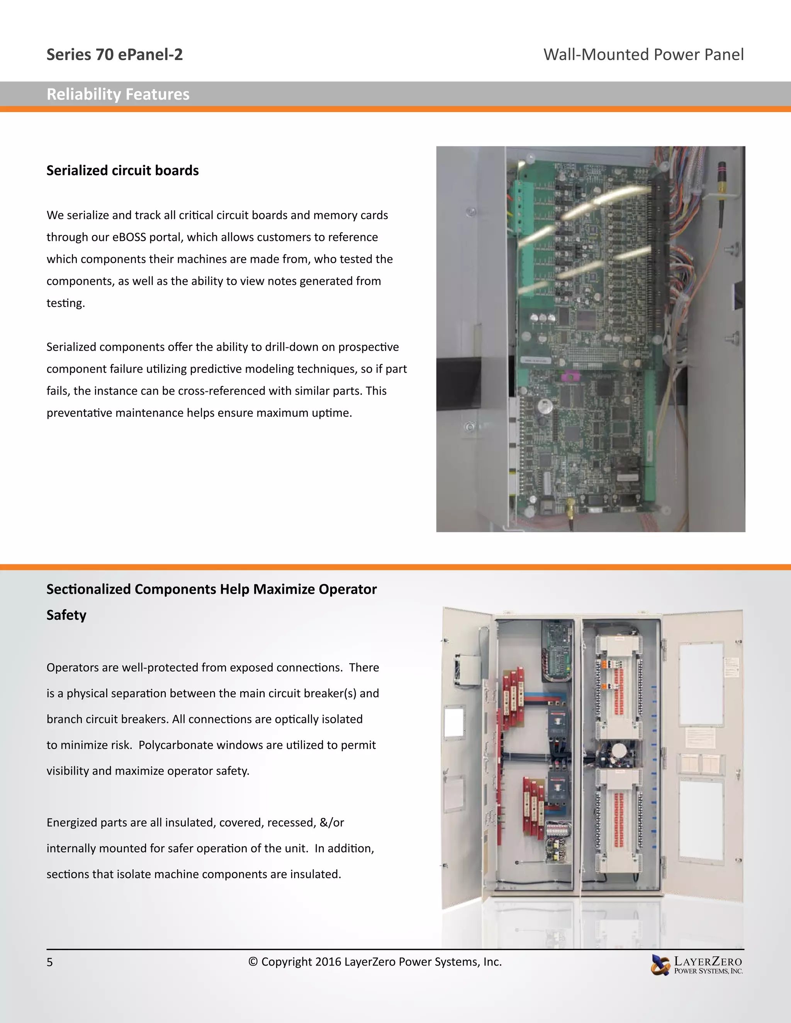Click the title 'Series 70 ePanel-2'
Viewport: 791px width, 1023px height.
(114, 55)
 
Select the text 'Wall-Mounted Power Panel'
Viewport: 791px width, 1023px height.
(643, 55)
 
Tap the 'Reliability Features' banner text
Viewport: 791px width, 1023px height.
(118, 94)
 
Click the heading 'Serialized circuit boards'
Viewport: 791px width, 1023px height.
(122, 171)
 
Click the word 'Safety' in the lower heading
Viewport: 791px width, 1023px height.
(66, 615)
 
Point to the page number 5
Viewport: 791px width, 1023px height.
(50, 962)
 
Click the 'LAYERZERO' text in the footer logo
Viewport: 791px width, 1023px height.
(708, 961)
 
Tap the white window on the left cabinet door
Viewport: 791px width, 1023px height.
(453, 722)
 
